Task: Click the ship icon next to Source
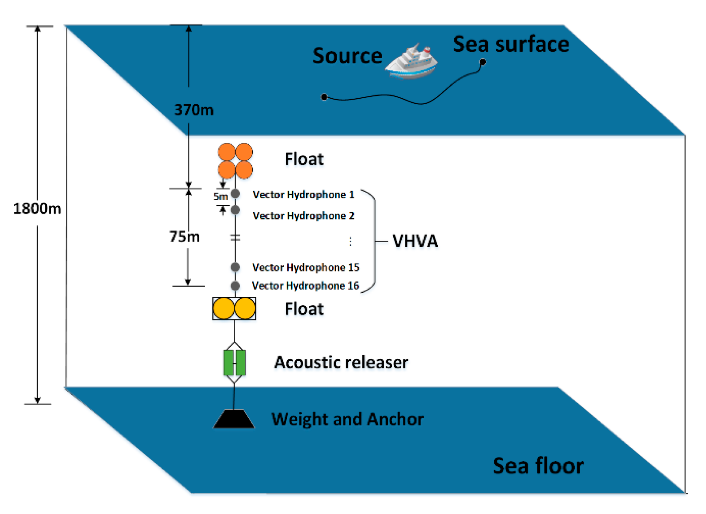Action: (x=411, y=62)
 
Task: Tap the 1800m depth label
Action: (x=37, y=209)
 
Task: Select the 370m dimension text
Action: (x=194, y=110)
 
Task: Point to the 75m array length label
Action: (x=184, y=236)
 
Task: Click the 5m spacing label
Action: (x=221, y=196)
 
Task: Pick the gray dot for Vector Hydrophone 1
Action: (x=235, y=194)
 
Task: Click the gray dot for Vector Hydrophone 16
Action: (x=235, y=286)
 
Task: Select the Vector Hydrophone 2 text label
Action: (x=303, y=216)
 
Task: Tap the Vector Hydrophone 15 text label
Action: (x=306, y=267)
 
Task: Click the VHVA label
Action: (x=415, y=241)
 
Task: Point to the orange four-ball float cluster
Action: (x=235, y=161)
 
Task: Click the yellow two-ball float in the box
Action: (x=234, y=308)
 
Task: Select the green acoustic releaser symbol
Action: (x=234, y=363)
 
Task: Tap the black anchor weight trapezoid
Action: (x=234, y=419)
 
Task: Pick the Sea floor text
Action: (x=538, y=466)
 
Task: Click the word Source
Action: (x=347, y=56)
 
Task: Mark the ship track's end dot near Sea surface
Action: (x=483, y=62)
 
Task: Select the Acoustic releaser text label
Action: (x=341, y=362)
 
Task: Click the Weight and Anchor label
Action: (x=347, y=419)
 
